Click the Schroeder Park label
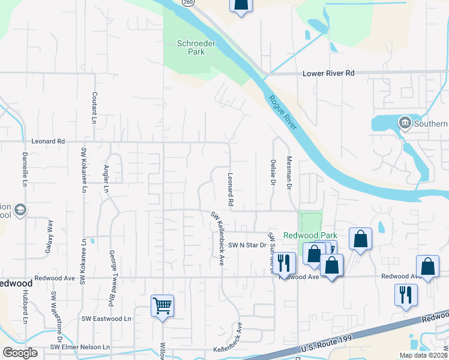tap(191, 47)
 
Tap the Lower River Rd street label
tap(329, 73)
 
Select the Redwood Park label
tap(310, 236)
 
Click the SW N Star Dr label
tap(247, 245)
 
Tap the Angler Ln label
tap(106, 179)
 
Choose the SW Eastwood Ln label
tap(106, 319)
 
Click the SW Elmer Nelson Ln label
tap(80, 347)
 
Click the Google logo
tap(20, 353)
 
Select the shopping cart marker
tap(162, 305)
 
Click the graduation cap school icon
tap(20, 209)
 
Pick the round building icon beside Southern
tap(405, 124)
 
